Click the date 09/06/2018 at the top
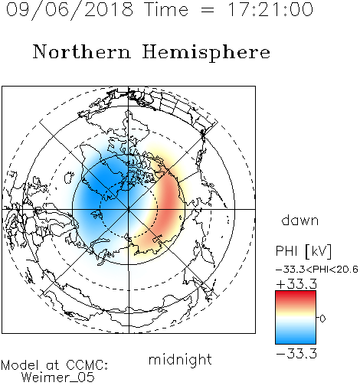(70, 10)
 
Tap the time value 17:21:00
(270, 9)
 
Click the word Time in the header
(166, 9)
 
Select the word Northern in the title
(82, 51)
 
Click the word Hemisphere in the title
(206, 53)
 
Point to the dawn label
(300, 220)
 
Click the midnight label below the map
(180, 359)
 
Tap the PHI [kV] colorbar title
(303, 251)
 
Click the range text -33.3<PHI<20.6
(317, 270)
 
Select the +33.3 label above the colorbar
(296, 284)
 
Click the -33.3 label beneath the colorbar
(296, 354)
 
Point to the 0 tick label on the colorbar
(322, 319)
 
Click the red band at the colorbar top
(296, 296)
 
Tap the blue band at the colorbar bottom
(296, 338)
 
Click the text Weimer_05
(58, 377)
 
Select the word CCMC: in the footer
(87, 365)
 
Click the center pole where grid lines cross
(129, 209)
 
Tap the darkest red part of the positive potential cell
(169, 201)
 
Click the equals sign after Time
(208, 10)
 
